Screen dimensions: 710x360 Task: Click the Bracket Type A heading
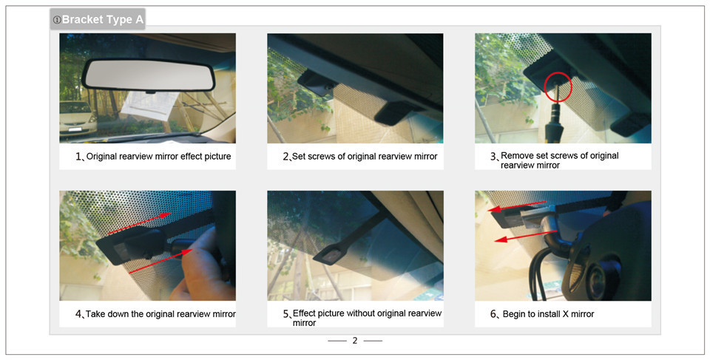98,19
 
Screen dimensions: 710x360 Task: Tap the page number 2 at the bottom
355,341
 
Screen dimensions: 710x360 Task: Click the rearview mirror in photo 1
148,75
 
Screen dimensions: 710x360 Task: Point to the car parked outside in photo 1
78,118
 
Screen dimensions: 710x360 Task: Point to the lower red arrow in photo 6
525,236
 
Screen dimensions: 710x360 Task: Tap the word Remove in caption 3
517,156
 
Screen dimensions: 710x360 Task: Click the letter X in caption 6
566,314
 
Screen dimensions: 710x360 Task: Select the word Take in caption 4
95,314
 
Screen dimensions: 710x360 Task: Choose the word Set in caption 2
300,156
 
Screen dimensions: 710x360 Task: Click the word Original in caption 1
101,156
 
